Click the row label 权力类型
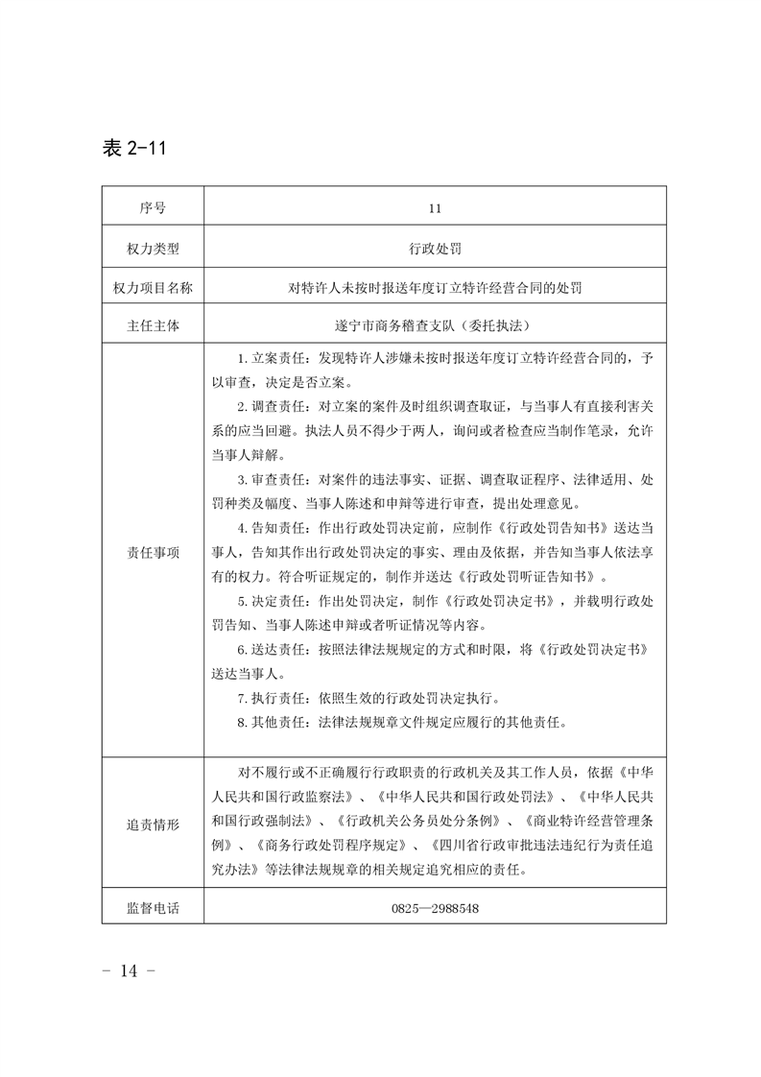pos(152,249)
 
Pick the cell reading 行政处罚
pos(435,249)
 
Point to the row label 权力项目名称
pos(152,287)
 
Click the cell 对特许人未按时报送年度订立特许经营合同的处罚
pos(435,287)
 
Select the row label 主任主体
pos(152,325)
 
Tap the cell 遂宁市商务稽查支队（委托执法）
pos(435,325)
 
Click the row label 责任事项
pos(152,552)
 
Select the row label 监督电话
pos(152,906)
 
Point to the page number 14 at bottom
pos(128,970)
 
